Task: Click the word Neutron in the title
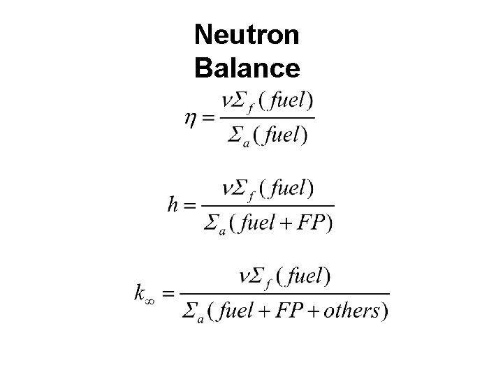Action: pos(247,34)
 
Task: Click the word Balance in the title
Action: pos(247,68)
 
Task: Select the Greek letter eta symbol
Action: pos(190,119)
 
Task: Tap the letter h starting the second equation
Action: pos(173,205)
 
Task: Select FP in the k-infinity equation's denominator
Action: pos(290,311)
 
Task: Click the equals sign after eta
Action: pos(207,119)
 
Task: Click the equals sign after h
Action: pos(190,205)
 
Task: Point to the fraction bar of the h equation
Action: pos(268,205)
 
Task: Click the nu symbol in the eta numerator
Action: pos(227,100)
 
